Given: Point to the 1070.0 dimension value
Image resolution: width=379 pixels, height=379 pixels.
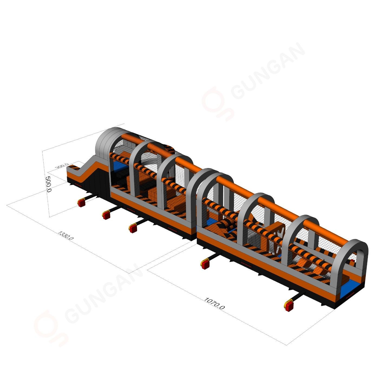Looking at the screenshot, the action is (x=214, y=305).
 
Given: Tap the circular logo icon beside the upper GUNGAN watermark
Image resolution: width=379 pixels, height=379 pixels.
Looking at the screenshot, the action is (x=217, y=103).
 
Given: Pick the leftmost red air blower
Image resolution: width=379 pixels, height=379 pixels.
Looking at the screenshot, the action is (x=81, y=203).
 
